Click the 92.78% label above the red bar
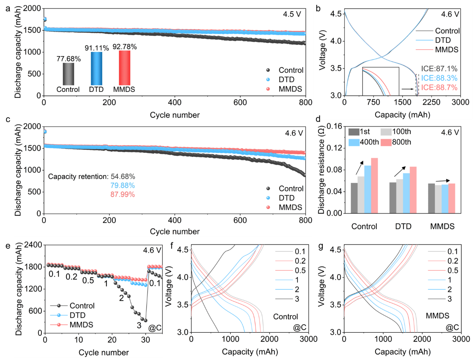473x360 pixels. pos(125,47)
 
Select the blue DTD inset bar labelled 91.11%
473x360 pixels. pos(96,68)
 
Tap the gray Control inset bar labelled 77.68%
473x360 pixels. pos(68,74)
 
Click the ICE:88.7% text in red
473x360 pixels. pos(439,87)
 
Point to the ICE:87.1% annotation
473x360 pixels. pos(439,69)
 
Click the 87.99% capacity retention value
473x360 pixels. pos(122,194)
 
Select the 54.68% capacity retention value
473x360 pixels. pos(123,176)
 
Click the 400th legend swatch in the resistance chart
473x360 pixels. pos(354,142)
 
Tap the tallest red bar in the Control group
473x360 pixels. pos(374,186)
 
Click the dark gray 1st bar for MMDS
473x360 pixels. pos(431,198)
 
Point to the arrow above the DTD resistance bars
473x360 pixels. pos(400,172)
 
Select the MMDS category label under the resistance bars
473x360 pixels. pos(442,226)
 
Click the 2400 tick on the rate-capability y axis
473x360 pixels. pos(33,245)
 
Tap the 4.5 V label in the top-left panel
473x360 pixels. pos(292,14)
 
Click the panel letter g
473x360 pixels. pos(321,246)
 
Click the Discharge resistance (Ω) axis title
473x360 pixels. pos(321,170)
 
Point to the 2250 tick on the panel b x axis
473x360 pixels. pos(431,102)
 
